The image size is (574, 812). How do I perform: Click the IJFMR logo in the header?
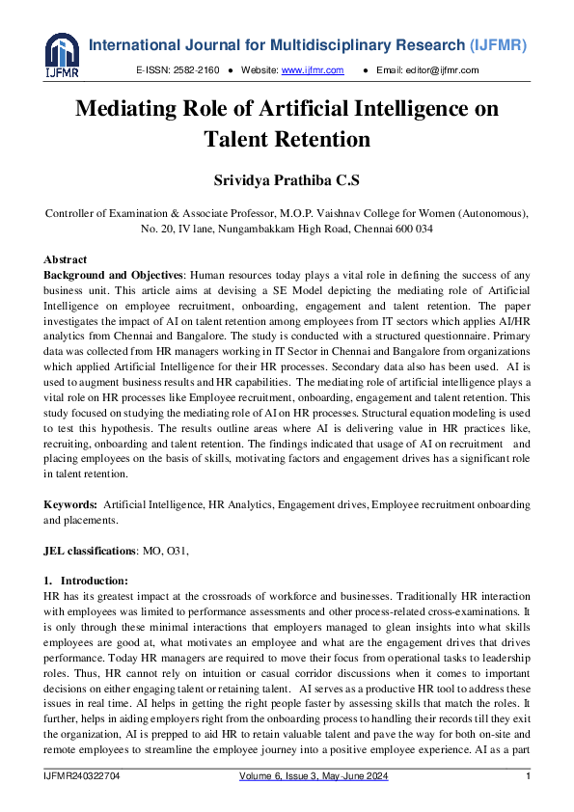(x=62, y=55)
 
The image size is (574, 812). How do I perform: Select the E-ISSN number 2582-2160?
(x=197, y=70)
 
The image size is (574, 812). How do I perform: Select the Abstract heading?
(x=66, y=259)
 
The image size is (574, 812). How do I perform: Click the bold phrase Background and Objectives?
(x=113, y=275)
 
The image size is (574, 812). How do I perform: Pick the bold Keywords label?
(x=70, y=505)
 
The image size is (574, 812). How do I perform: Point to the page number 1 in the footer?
(x=528, y=777)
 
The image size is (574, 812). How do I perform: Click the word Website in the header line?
(x=259, y=70)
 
